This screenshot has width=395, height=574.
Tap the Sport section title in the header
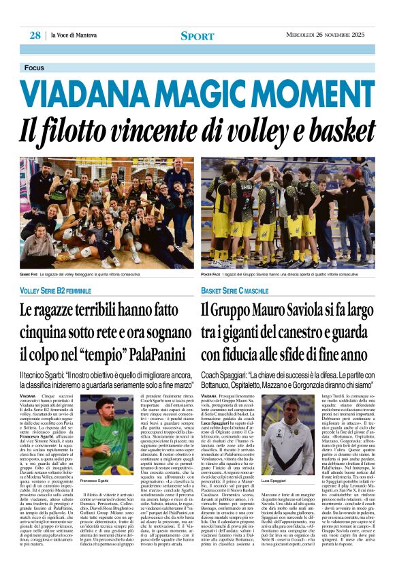click(x=197, y=36)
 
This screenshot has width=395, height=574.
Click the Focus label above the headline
click(x=33, y=68)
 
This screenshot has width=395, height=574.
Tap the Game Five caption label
click(x=30, y=275)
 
